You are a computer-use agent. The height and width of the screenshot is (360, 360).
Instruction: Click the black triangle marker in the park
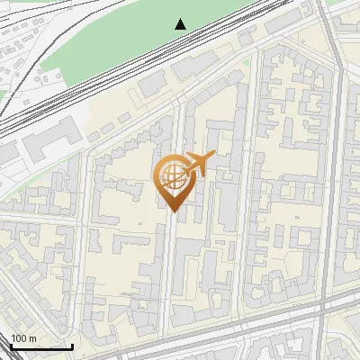pos(181,24)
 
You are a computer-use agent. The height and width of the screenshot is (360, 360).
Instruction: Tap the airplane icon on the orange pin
pos(198,165)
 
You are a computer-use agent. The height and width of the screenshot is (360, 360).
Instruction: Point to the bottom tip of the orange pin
pos(173,211)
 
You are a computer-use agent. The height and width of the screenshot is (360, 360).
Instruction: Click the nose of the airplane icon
pos(211,157)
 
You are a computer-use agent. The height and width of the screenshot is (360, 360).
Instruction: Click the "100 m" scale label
pos(23,337)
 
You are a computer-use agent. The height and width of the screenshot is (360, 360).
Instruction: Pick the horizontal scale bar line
pos(40,346)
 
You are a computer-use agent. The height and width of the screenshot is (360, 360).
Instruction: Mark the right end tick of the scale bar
pos(72,345)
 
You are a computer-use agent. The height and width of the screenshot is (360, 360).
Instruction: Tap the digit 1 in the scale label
pos(13,337)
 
